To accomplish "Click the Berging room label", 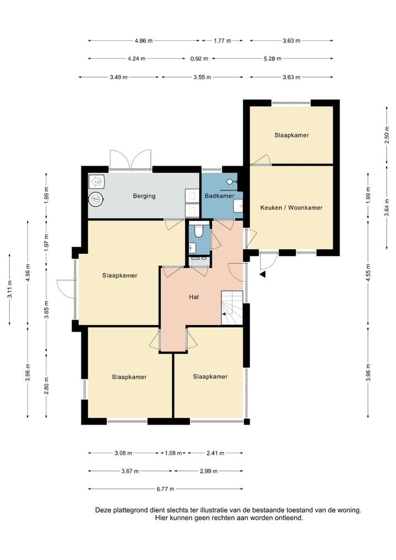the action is (x=144, y=196).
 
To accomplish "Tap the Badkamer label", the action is (x=219, y=196).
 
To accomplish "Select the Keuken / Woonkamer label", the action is (x=291, y=207).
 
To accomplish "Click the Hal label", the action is (x=194, y=297).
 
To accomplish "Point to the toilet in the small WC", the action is (x=199, y=230).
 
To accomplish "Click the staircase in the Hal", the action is (x=232, y=308).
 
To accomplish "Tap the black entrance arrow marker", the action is (x=263, y=274).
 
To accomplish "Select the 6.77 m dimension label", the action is (x=166, y=489).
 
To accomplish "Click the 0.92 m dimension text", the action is (x=199, y=58).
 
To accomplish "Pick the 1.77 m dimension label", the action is (x=222, y=41).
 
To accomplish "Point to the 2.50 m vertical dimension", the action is (x=387, y=135).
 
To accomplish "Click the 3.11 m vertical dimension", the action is (x=10, y=289).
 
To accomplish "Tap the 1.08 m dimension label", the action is (x=173, y=453).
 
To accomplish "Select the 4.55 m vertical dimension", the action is (x=368, y=273).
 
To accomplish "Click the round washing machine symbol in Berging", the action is (x=96, y=199).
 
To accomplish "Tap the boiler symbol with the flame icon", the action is (x=96, y=182).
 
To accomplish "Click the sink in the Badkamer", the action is (x=238, y=206).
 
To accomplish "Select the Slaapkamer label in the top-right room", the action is (x=291, y=135).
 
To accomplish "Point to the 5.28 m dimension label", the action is (x=272, y=58).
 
